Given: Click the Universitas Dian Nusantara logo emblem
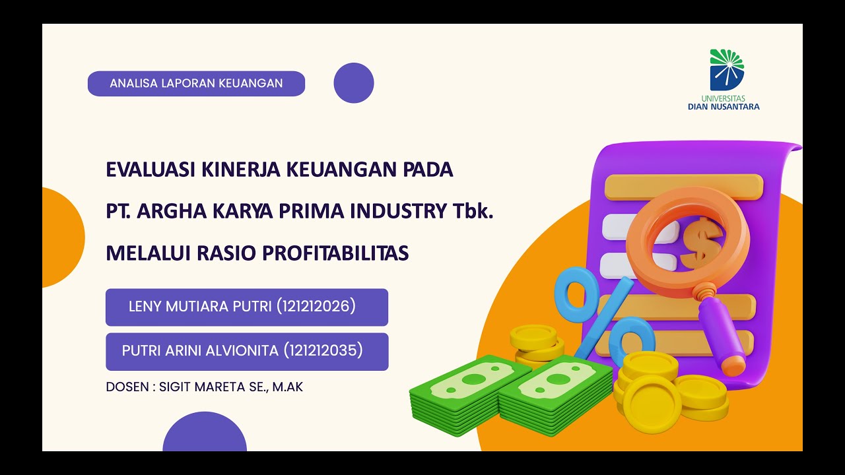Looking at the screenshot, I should [x=726, y=69].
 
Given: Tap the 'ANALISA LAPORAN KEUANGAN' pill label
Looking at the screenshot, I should [x=196, y=84].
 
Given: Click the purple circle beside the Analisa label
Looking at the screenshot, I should [x=354, y=83].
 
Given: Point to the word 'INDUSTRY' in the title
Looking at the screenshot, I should [x=399, y=212].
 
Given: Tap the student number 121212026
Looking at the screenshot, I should [x=316, y=307].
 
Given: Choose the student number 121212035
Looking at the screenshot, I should [x=323, y=351].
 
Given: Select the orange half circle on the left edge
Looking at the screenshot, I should [x=62, y=237].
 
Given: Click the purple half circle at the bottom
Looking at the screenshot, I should [x=205, y=433].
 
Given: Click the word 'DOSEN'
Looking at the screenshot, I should [x=127, y=387].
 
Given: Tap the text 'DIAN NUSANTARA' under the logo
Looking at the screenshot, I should [x=724, y=106].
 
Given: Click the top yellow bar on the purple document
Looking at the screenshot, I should [x=684, y=186].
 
